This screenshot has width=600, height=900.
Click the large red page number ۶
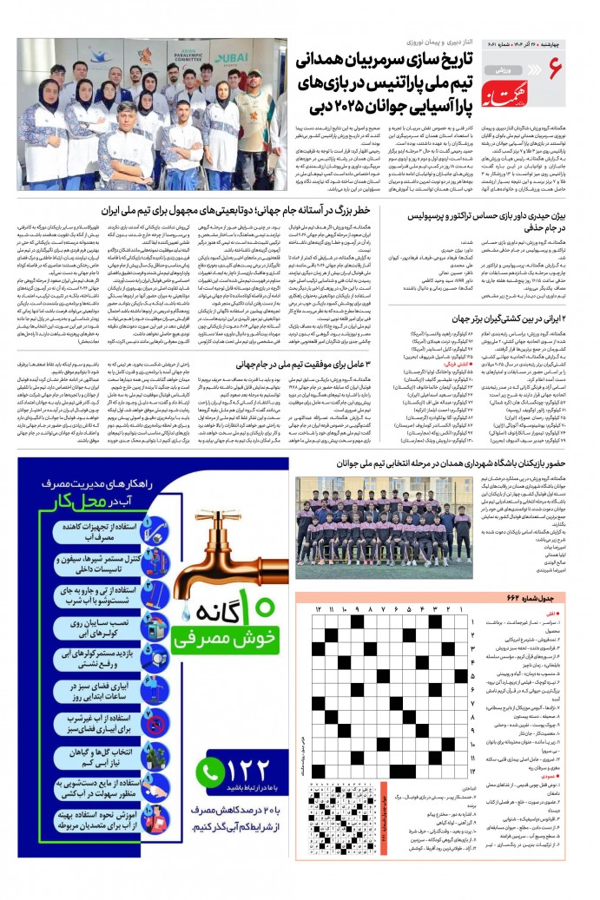pyautogui.click(x=556, y=66)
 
